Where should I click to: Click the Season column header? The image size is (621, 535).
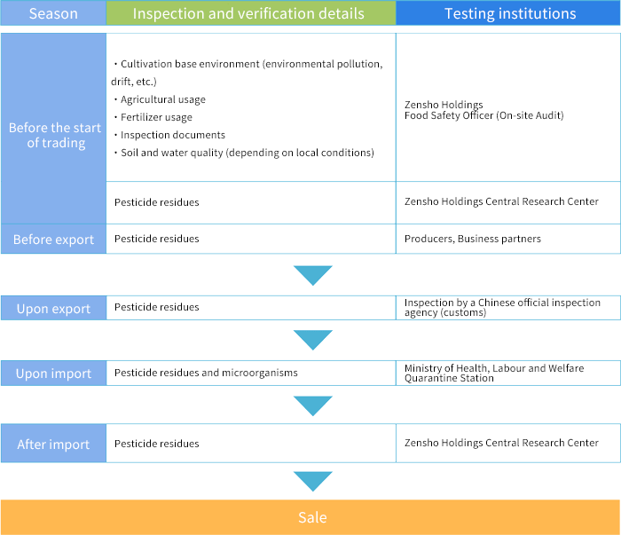coord(53,13)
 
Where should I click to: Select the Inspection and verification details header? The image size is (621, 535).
coord(248,13)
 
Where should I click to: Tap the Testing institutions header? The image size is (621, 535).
coord(510,13)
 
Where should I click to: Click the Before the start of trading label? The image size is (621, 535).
coord(55,135)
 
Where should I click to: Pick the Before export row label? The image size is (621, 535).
coord(53,240)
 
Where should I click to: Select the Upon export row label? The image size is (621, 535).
coord(53,309)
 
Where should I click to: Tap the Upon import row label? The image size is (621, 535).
coord(53,374)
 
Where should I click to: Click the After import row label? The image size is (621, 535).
coord(53,445)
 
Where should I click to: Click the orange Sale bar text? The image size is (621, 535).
coord(312,517)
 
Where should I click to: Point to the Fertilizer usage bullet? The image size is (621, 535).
coord(153,117)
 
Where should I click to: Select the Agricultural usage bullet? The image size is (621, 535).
coord(160,99)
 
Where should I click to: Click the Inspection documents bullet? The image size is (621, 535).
coord(170,135)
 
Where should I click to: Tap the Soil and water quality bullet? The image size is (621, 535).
coord(244,153)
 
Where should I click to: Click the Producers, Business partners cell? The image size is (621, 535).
coord(473,239)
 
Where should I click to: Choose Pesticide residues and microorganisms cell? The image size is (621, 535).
coord(206,373)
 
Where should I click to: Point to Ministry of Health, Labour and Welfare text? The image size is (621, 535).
coord(494,368)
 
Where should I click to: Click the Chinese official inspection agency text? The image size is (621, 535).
coord(502,307)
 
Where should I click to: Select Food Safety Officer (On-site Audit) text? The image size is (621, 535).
coord(484,115)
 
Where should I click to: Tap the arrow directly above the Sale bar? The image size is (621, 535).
coord(313,481)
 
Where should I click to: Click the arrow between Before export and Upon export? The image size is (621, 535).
coord(313,275)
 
